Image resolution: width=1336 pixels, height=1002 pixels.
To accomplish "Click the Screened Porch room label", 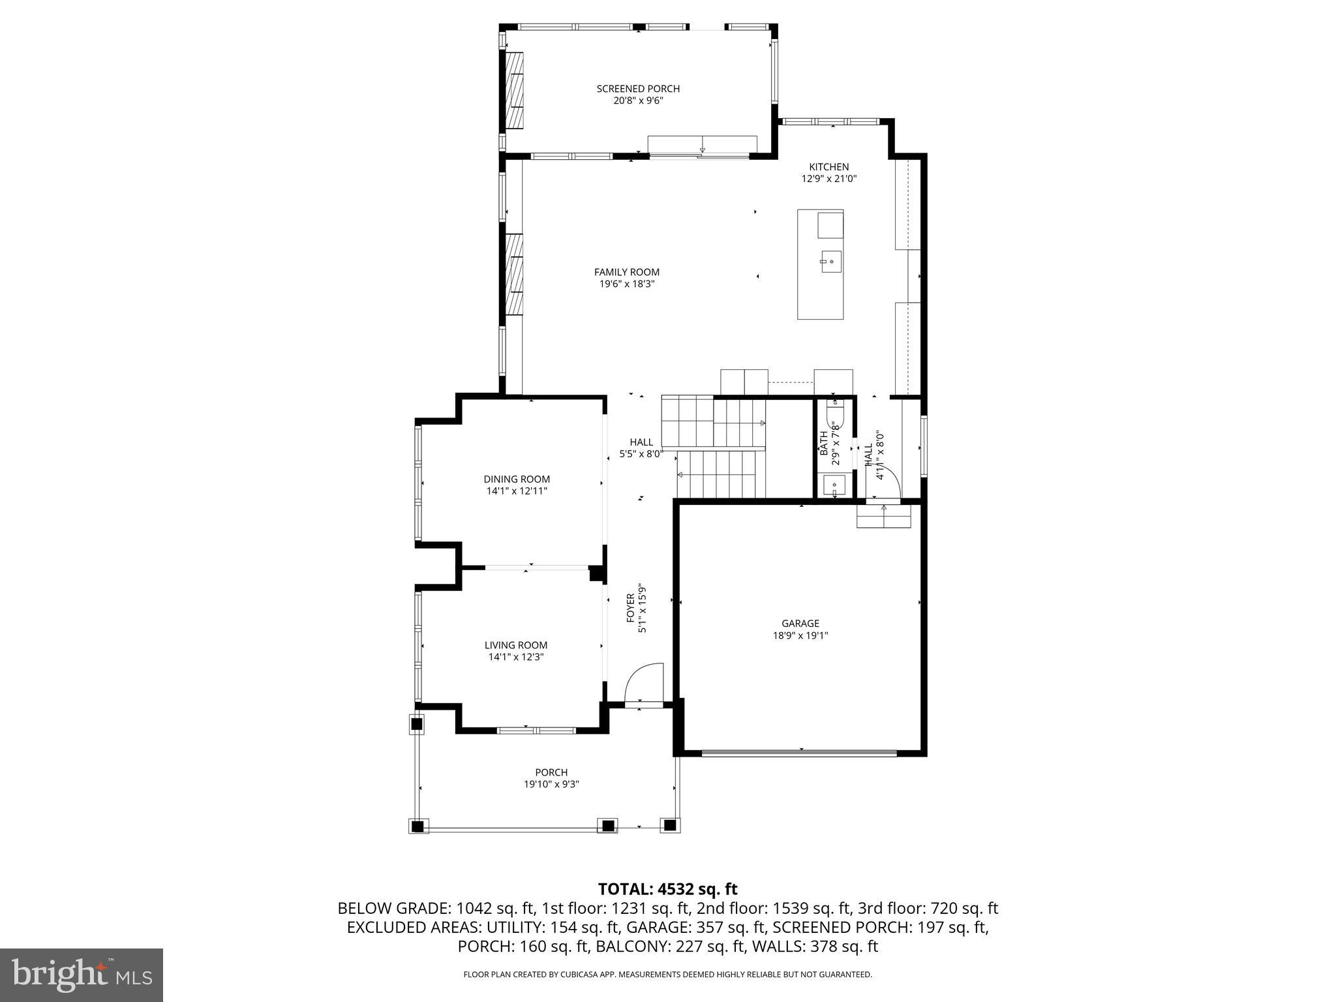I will tap(638, 89).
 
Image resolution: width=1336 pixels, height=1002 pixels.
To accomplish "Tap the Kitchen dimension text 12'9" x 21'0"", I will tap(828, 179).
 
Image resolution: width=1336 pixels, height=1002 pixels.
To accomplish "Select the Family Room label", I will tap(626, 272).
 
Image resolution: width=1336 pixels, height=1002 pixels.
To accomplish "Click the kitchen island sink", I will tap(830, 262).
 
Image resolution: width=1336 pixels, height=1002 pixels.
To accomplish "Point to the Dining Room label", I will tap(517, 479).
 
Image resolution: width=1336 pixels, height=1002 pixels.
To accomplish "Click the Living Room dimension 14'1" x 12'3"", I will tap(516, 657).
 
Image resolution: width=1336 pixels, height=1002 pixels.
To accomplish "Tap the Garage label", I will tap(800, 624).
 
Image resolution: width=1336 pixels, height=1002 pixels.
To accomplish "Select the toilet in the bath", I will tap(835, 414).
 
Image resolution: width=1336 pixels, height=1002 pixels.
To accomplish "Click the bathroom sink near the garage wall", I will tap(834, 485).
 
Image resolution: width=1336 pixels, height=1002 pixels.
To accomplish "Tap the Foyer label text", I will tap(631, 608).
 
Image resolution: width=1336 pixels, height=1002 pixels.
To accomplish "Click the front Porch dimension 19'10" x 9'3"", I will tap(551, 784).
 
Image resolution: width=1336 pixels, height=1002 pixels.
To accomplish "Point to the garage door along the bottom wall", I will tap(800, 753).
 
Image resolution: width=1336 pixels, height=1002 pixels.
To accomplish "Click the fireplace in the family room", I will tap(515, 274).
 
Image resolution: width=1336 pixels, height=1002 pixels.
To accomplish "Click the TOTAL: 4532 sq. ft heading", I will tap(667, 889).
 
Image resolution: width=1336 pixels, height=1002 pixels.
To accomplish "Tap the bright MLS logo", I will tap(82, 975).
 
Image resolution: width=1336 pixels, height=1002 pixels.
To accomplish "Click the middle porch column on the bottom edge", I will tap(608, 825).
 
